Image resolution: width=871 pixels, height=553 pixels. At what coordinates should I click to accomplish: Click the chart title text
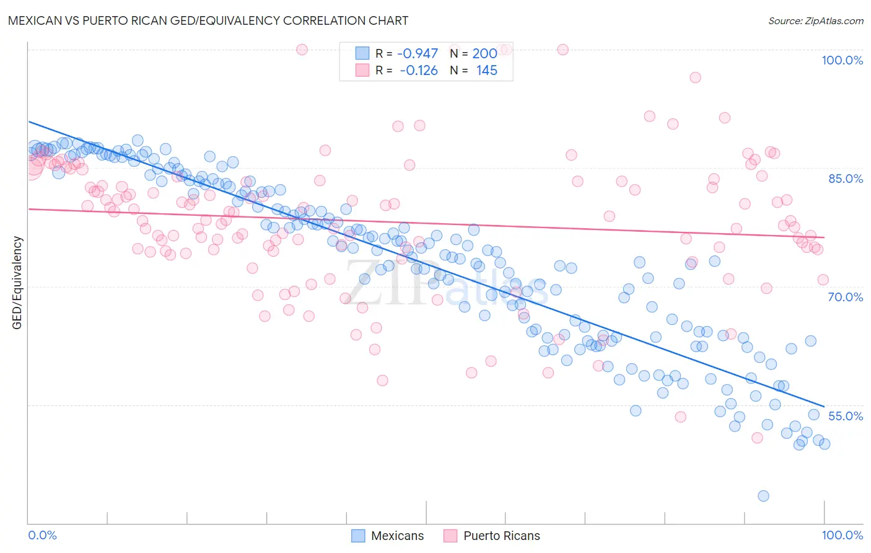click(208, 20)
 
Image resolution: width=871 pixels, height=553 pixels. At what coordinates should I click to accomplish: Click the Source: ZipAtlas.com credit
click(815, 20)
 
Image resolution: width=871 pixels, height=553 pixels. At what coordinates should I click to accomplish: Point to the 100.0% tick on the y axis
click(842, 60)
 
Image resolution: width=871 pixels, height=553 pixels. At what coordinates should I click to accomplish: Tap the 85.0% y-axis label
click(845, 179)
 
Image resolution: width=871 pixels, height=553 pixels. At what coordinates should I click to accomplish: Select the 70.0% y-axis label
click(845, 297)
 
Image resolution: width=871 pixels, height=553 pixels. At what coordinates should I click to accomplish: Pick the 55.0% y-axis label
click(845, 416)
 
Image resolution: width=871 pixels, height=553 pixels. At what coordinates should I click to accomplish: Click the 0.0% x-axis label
click(42, 535)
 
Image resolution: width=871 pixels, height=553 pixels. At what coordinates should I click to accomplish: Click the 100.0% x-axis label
click(842, 535)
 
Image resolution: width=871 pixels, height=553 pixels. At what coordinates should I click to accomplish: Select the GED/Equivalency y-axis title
click(17, 283)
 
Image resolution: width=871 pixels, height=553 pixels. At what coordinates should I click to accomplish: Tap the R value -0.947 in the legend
click(417, 54)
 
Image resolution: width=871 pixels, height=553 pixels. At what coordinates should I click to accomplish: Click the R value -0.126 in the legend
click(418, 71)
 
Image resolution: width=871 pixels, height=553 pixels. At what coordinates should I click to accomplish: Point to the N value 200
click(484, 54)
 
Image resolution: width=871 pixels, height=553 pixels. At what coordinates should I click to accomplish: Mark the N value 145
click(486, 71)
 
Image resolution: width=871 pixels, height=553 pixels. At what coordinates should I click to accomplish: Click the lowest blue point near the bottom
click(763, 496)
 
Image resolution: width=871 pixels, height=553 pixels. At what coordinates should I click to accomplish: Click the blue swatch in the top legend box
click(362, 53)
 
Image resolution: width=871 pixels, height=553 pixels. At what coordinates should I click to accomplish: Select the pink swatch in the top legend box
click(362, 70)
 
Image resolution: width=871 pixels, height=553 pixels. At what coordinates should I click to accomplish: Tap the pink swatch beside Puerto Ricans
click(450, 536)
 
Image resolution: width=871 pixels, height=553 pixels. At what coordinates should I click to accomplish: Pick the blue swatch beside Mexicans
click(358, 536)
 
